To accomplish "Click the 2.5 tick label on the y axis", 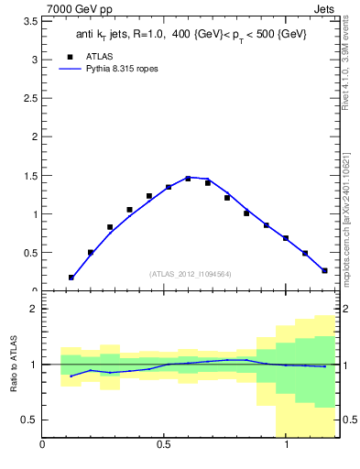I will coord(31,98).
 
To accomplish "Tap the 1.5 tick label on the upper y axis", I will coord(31,176).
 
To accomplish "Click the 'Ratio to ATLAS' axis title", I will coord(13,364).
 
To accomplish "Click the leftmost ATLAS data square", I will coord(71,278).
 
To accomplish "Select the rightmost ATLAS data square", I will coord(324,270).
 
